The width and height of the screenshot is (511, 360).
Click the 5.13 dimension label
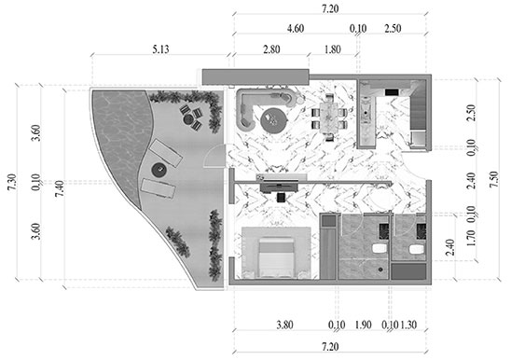pyautogui.click(x=160, y=49)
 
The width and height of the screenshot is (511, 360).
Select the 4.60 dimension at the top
pyautogui.click(x=296, y=28)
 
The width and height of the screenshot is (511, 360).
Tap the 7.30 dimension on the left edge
pyautogui.click(x=12, y=182)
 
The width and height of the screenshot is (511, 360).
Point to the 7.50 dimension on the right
pyautogui.click(x=493, y=179)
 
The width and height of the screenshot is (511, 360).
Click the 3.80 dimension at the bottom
pyautogui.click(x=284, y=325)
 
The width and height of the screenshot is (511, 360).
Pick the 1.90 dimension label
pyautogui.click(x=363, y=325)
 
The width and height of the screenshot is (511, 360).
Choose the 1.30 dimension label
pyautogui.click(x=408, y=325)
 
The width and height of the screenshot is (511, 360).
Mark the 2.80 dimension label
pyautogui.click(x=271, y=49)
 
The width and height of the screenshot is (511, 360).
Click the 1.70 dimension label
pyautogui.click(x=471, y=238)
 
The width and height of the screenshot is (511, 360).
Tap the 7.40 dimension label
pyautogui.click(x=60, y=188)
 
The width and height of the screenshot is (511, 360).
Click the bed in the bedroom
pyautogui.click(x=276, y=257)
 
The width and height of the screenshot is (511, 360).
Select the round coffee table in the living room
pyautogui.click(x=273, y=120)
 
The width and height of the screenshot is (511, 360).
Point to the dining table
pyautogui.click(x=329, y=118)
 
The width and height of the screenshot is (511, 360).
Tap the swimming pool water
pyautogui.click(x=119, y=137)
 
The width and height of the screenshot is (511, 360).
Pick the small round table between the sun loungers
pyautogui.click(x=159, y=170)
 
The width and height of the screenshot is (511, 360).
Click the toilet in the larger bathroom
pyautogui.click(x=380, y=248)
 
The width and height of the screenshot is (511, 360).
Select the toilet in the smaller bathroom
pyautogui.click(x=416, y=249)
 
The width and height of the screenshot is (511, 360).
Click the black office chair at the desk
pyautogui.click(x=281, y=198)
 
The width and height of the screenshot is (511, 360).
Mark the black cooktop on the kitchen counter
pyautogui.click(x=392, y=92)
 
